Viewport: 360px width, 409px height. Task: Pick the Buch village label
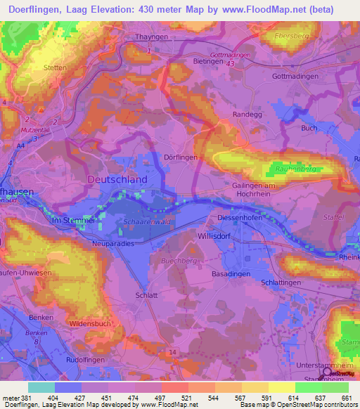[x=309, y=128]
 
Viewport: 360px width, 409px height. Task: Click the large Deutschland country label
[x=117, y=179]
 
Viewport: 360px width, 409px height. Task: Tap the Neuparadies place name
[x=113, y=243]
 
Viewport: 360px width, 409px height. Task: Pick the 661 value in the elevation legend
[x=345, y=398]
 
